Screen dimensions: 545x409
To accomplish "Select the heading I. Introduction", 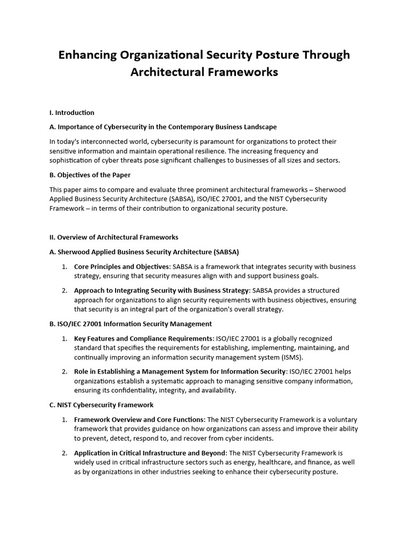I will pyautogui.click(x=72, y=113).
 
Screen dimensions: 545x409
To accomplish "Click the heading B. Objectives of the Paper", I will pyautogui.click(x=90, y=175).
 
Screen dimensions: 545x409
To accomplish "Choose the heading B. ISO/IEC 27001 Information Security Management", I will pyautogui.click(x=130, y=324).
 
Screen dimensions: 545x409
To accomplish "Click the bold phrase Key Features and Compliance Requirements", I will pyautogui.click(x=143, y=338).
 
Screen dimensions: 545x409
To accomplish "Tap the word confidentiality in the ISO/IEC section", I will pyautogui.click(x=122, y=390).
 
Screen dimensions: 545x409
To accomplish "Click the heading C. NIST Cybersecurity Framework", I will pyautogui.click(x=102, y=405).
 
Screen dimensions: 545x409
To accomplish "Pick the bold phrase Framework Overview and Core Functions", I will pyautogui.click(x=139, y=420).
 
